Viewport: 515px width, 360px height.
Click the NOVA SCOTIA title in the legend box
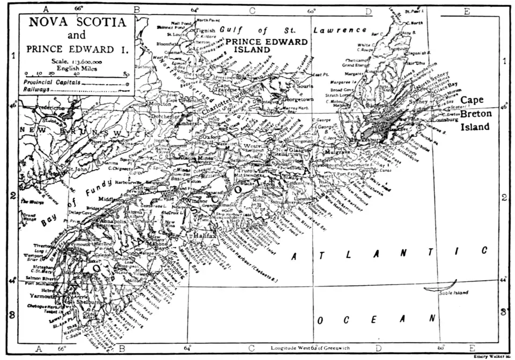tap(78, 23)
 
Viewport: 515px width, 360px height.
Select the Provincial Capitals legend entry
tap(53, 83)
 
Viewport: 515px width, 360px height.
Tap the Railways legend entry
tap(35, 90)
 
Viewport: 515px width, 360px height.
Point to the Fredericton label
tap(49, 108)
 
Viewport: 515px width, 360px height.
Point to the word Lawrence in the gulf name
tap(341, 30)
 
